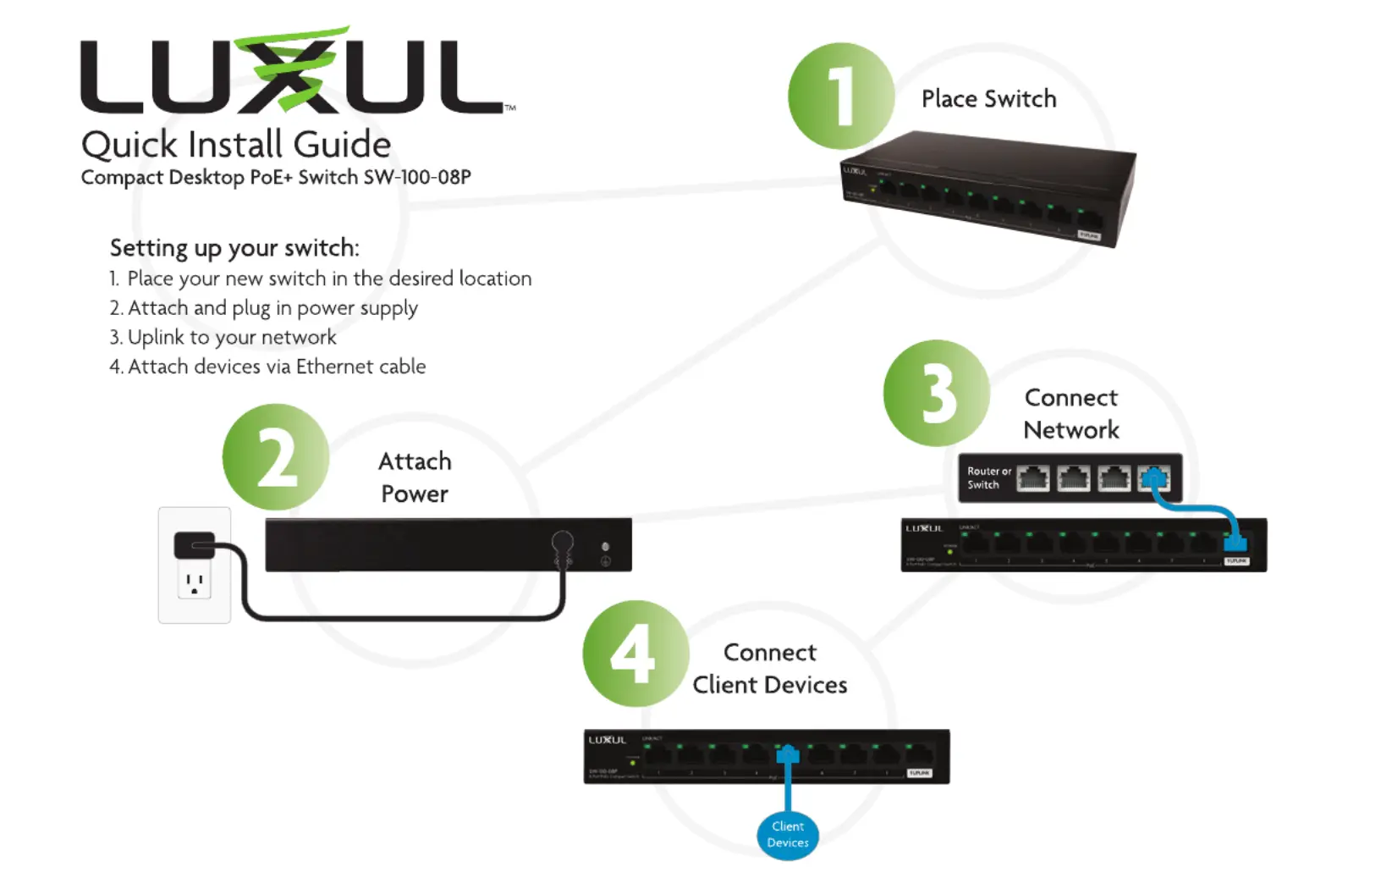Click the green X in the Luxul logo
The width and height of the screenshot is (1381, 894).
[291, 72]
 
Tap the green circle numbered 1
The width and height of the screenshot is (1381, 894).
[840, 96]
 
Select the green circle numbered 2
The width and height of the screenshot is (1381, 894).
[276, 457]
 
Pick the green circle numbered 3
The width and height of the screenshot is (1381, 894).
[937, 394]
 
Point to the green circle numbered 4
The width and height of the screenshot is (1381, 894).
[635, 654]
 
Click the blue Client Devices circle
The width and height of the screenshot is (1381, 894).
[788, 834]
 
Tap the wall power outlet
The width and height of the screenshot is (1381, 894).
[195, 566]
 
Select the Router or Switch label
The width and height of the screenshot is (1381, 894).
[988, 478]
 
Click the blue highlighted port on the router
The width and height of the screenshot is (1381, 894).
[1153, 479]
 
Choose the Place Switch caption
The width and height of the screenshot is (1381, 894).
[988, 99]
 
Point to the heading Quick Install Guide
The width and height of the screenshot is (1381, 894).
[236, 145]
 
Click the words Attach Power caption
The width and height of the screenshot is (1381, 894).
[415, 477]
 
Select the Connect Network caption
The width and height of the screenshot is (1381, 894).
[1071, 414]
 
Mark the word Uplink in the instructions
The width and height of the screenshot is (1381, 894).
[156, 337]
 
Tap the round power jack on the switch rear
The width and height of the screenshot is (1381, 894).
[562, 542]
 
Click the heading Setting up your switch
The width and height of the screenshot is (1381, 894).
[234, 248]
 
